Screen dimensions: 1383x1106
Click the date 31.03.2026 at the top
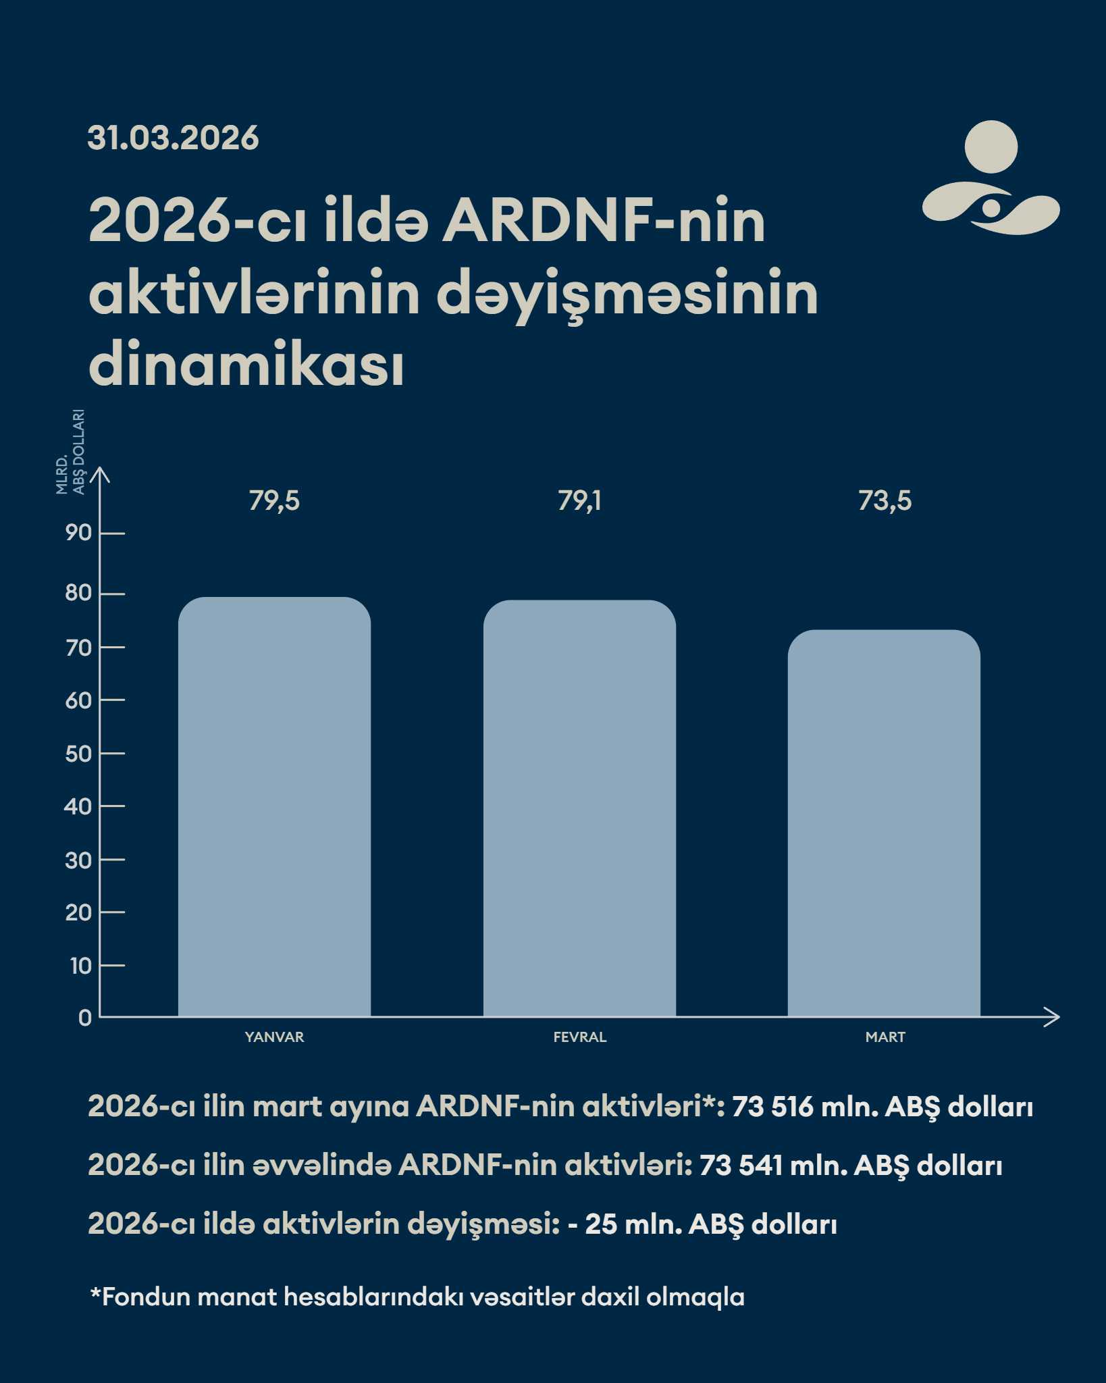173,138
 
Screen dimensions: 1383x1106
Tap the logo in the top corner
991,178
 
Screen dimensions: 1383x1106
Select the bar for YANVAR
274,806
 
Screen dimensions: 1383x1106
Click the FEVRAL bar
579,808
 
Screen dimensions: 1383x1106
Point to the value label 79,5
274,501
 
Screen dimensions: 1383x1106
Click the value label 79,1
579,501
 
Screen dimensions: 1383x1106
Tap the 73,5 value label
885,501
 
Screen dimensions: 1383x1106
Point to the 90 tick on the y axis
78,533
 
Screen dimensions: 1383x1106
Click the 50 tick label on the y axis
78,754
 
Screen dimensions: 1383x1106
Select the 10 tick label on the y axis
80,966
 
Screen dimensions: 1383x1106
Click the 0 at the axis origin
84,1018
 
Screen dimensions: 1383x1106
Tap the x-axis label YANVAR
274,1037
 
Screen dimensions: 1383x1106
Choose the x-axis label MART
885,1037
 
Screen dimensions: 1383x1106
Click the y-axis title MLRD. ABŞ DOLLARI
70,452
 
